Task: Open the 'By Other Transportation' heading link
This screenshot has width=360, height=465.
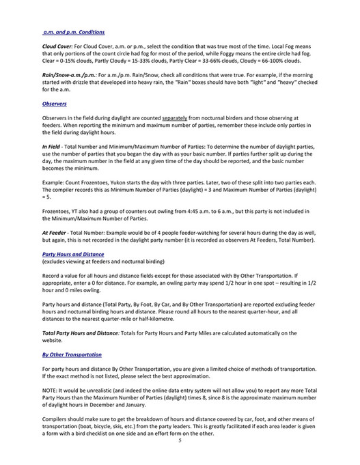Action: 72,354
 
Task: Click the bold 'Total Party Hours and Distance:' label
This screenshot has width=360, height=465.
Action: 88,333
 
